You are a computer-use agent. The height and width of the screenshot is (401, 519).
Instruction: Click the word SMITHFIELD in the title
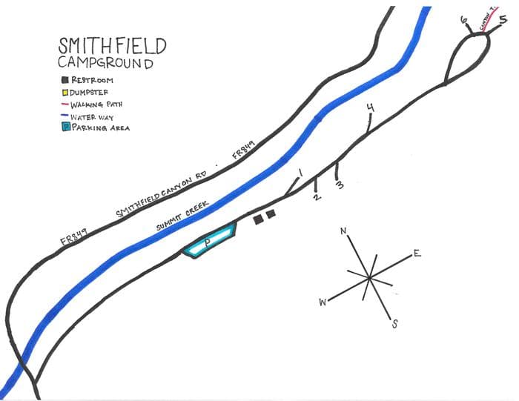113,46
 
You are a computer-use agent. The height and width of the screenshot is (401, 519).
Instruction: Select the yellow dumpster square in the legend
65,92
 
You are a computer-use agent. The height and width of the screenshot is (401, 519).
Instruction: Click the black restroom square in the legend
65,79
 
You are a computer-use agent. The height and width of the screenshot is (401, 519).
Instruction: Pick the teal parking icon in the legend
65,127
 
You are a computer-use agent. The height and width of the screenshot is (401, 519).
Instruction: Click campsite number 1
300,173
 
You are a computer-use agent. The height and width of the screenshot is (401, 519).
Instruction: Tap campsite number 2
317,197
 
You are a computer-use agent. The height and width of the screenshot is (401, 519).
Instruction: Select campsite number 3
340,184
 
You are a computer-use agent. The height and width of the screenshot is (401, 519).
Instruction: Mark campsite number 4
370,108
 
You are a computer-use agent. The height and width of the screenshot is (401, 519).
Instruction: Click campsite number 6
464,21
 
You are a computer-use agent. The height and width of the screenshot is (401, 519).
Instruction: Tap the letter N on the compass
343,231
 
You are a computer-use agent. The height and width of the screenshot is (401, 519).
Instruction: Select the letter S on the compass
394,323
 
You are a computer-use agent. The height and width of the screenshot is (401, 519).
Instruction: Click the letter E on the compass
417,254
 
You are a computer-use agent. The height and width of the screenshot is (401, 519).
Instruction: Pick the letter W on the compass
323,302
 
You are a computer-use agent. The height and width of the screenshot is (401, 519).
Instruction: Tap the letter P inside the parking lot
208,242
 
